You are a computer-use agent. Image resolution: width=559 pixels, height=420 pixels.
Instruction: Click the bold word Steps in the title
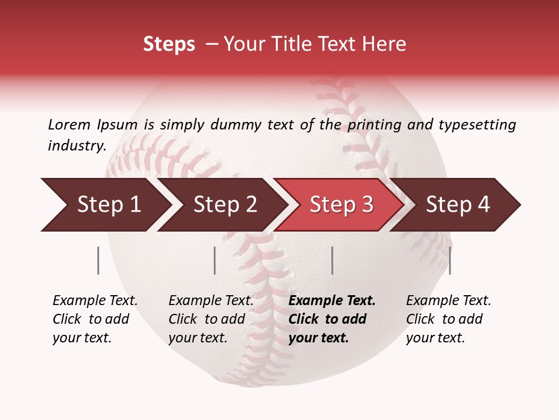[x=169, y=44]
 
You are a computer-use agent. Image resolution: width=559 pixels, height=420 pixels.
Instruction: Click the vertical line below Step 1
[x=98, y=260]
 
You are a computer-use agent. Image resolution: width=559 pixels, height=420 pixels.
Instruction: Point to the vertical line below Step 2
[x=215, y=260]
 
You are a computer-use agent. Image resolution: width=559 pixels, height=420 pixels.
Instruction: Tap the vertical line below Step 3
[x=332, y=260]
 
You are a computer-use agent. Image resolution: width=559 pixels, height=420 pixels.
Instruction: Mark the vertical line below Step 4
[x=450, y=260]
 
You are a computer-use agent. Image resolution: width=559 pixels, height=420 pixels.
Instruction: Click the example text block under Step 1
[x=95, y=319]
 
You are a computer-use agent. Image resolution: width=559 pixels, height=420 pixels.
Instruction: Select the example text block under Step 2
[x=211, y=319]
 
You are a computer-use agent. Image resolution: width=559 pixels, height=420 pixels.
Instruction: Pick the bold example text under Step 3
[x=332, y=319]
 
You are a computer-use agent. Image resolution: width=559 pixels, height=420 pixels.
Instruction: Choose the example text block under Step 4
[x=448, y=319]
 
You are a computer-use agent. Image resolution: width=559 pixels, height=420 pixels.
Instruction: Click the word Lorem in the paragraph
[x=69, y=124]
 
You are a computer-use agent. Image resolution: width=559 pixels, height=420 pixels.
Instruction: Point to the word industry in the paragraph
[x=76, y=145]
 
